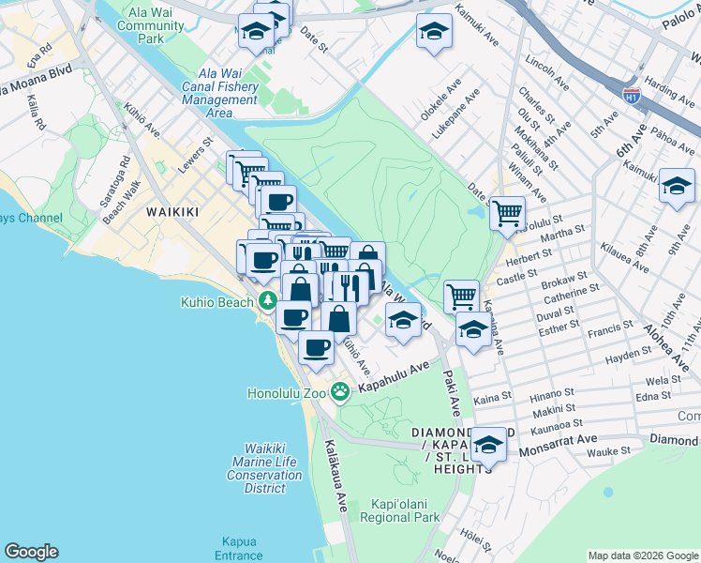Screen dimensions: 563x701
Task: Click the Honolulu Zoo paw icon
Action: click(339, 392)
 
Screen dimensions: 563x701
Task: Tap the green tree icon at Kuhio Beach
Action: click(268, 301)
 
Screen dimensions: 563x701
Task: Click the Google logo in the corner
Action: click(31, 552)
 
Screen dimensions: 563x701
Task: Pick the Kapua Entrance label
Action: click(238, 548)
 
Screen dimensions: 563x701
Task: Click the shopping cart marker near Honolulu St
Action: click(507, 212)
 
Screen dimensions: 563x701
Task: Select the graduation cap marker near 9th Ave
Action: click(676, 185)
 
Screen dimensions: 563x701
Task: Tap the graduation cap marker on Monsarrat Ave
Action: click(487, 444)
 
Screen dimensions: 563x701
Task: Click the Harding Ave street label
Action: click(668, 92)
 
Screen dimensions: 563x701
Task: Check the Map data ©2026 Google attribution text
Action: click(642, 555)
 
